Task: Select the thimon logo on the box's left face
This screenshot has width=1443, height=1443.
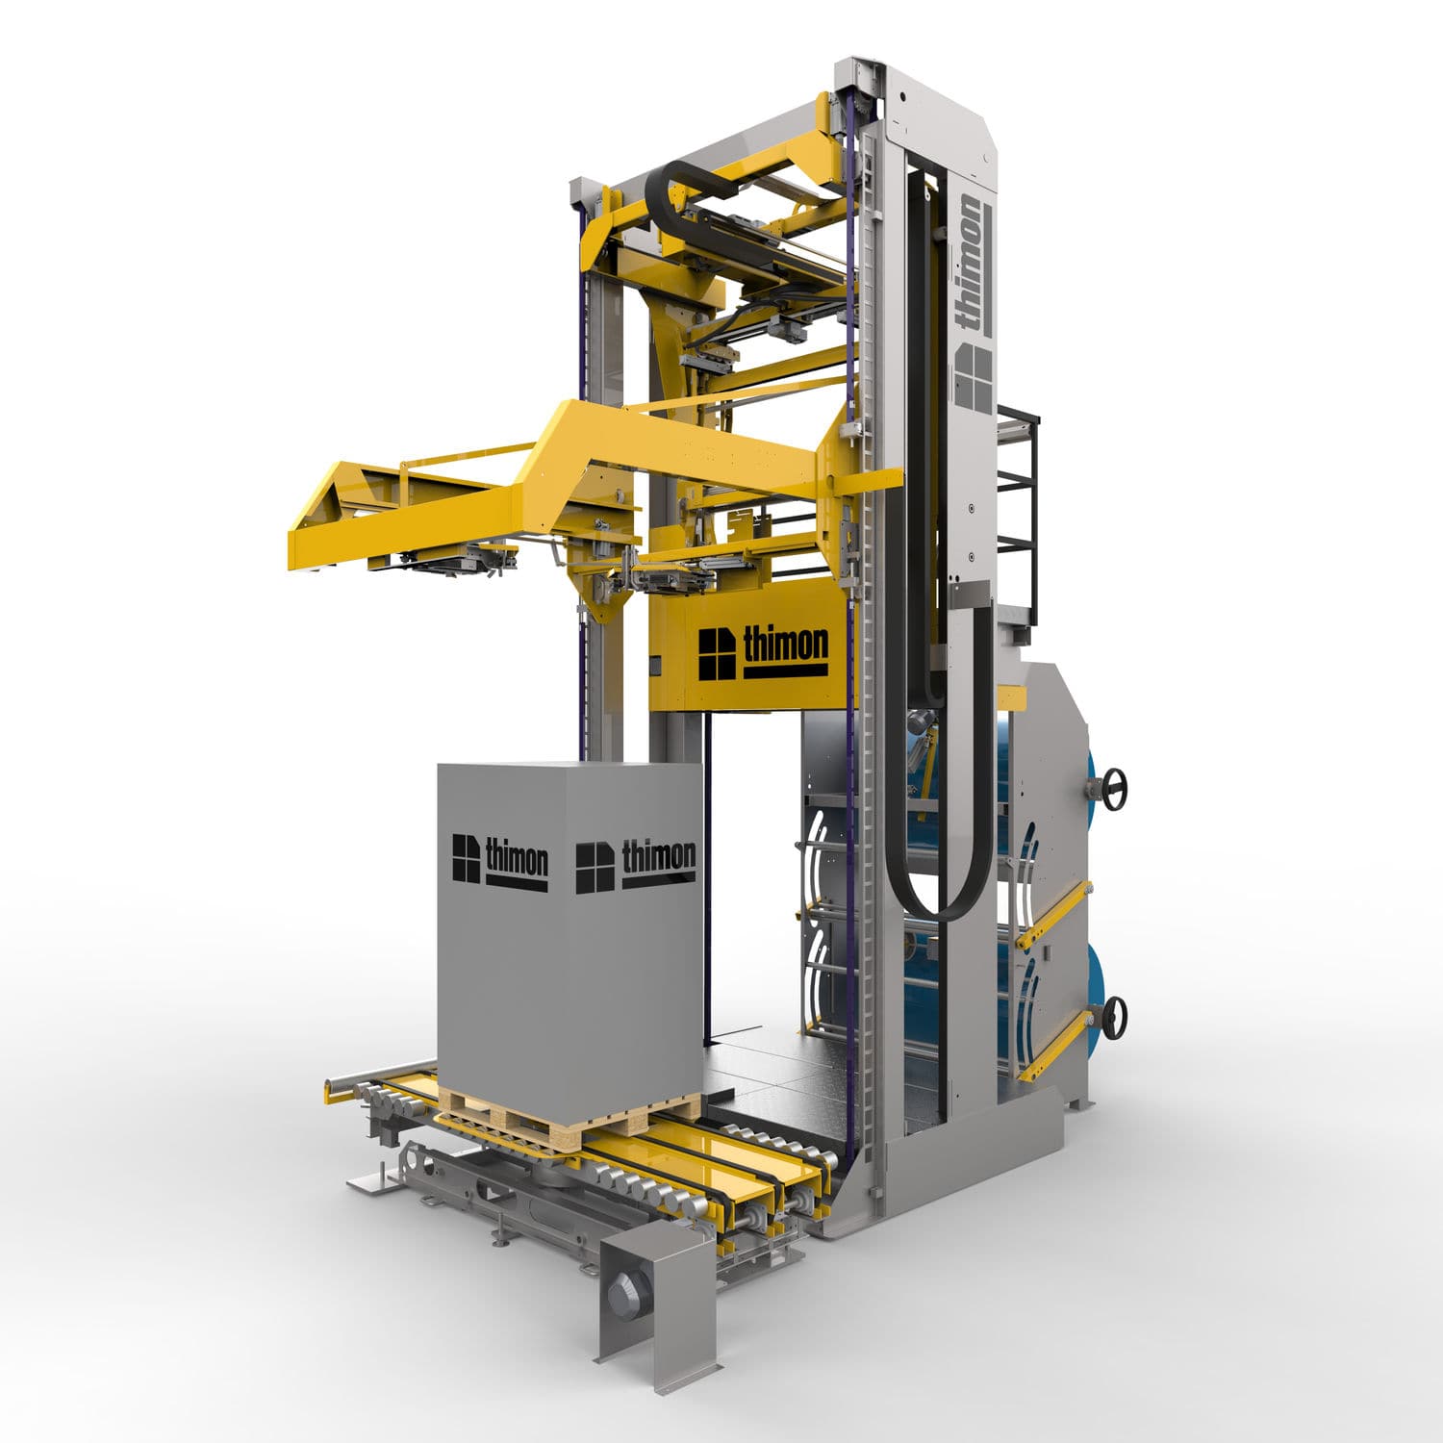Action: [x=500, y=860]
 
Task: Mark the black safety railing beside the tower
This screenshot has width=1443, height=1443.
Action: [x=1018, y=500]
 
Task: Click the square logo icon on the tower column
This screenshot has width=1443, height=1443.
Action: [x=973, y=377]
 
